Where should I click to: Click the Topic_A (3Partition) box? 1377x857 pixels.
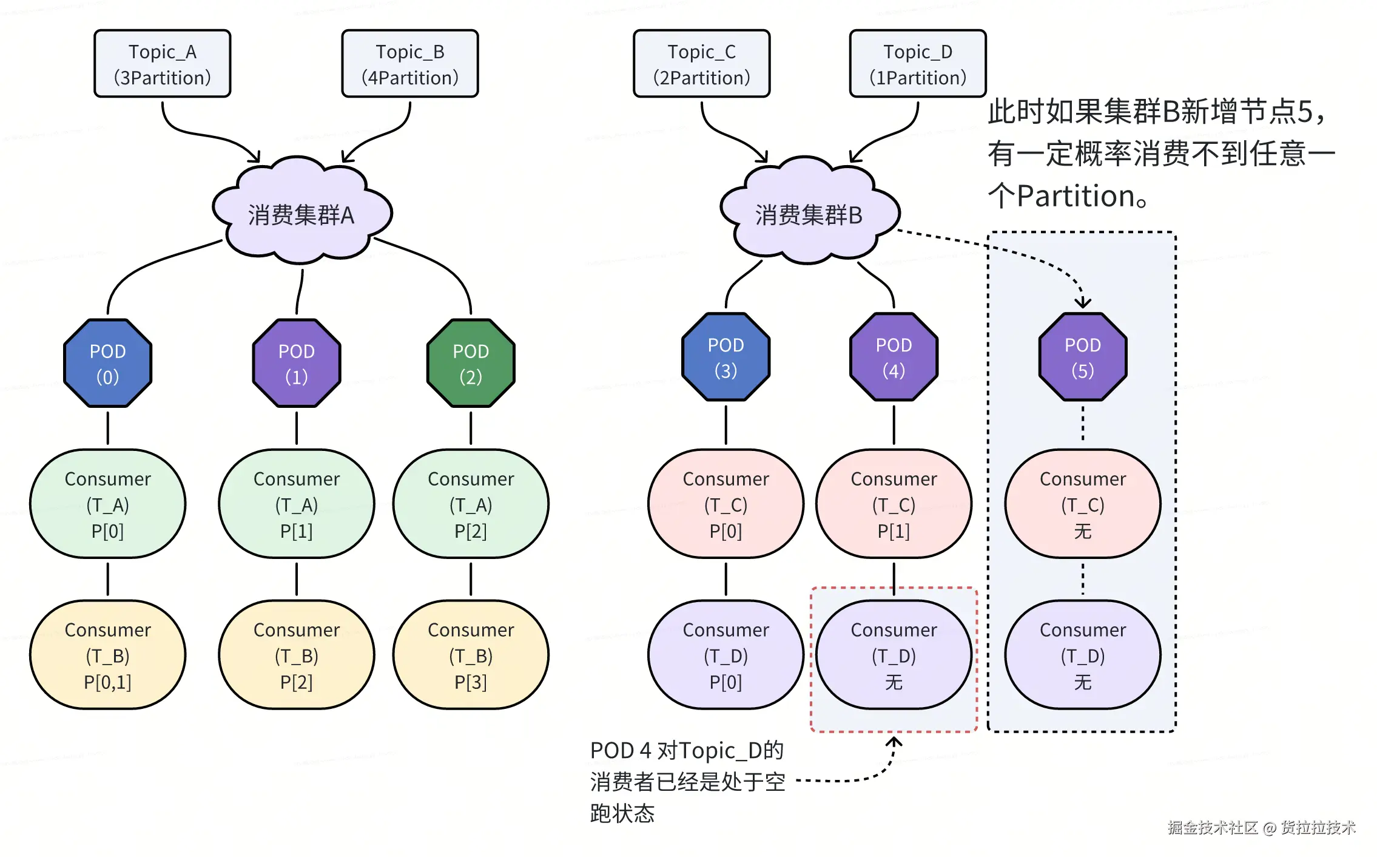pos(162,64)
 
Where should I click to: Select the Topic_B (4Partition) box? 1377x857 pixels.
pos(409,64)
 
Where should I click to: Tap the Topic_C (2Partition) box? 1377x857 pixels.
pos(701,64)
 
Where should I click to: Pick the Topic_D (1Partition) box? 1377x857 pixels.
pos(917,64)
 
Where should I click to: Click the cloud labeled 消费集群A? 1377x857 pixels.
pos(301,212)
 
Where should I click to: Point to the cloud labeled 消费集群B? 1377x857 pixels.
pos(809,212)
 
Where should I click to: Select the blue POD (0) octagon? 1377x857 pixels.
pos(107,363)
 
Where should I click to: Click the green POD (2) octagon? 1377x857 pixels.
pos(470,363)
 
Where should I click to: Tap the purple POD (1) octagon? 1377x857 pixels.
pos(296,363)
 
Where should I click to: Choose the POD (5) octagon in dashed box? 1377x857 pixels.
pos(1082,357)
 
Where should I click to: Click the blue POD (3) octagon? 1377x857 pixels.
pos(726,357)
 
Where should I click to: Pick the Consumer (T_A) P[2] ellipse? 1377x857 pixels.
pos(470,504)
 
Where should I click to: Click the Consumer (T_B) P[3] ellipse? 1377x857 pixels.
pos(470,655)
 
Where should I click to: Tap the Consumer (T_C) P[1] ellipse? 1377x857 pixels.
pos(893,504)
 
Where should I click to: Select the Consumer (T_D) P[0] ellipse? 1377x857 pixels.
pos(726,655)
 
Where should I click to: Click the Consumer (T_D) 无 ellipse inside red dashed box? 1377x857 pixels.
pos(893,655)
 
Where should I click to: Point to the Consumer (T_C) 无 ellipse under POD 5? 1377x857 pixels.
pos(1082,504)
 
